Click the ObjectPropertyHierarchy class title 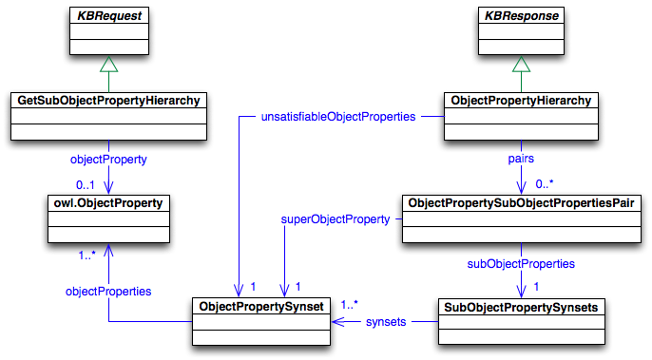(x=520, y=100)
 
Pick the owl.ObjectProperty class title (x=109, y=202)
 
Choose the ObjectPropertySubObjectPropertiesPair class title (x=520, y=202)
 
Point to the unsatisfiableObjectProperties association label (x=337, y=117)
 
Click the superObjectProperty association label (x=336, y=219)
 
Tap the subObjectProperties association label (x=520, y=263)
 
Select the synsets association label (x=386, y=322)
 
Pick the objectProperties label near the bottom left (x=109, y=291)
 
